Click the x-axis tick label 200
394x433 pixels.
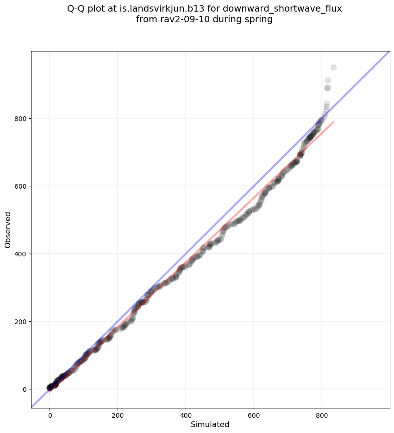click(118, 415)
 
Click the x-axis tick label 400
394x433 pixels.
click(186, 415)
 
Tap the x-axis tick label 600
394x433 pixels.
click(254, 415)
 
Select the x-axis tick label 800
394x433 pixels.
click(322, 415)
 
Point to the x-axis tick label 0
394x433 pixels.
click(50, 415)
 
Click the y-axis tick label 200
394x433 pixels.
click(21, 321)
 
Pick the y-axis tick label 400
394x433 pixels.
click(21, 254)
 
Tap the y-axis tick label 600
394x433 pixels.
click(21, 186)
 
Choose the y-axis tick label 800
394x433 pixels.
click(21, 118)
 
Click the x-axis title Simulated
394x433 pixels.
click(210, 424)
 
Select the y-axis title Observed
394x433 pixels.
click(8, 229)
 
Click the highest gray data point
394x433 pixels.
click(333, 68)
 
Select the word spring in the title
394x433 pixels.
click(259, 20)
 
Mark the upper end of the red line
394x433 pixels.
click(333, 122)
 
